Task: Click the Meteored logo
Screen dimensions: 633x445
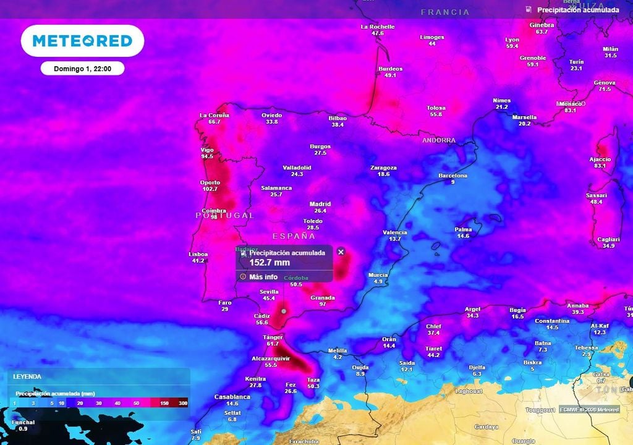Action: click(82, 41)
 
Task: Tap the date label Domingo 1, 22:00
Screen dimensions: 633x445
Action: click(82, 69)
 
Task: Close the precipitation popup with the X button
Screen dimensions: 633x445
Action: click(341, 252)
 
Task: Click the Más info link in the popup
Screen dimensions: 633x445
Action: click(263, 277)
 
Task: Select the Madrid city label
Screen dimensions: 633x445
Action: click(320, 204)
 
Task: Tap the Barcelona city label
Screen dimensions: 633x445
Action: click(453, 176)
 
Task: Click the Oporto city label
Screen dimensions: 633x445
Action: click(210, 182)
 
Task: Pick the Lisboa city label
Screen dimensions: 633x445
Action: click(198, 254)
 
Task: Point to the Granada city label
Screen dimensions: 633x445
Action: click(323, 297)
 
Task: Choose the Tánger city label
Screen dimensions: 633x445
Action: click(273, 337)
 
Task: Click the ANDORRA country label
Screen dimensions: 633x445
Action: click(439, 140)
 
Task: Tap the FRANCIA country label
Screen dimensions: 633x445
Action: click(445, 12)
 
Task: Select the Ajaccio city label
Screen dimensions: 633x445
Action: click(600, 159)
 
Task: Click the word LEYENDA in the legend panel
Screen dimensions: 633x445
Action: click(27, 376)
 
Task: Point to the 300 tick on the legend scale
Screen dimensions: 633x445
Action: click(182, 403)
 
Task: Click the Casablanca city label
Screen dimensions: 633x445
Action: click(232, 397)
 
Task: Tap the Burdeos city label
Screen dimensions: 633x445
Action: click(390, 69)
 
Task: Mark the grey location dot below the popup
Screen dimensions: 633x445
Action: click(283, 311)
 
